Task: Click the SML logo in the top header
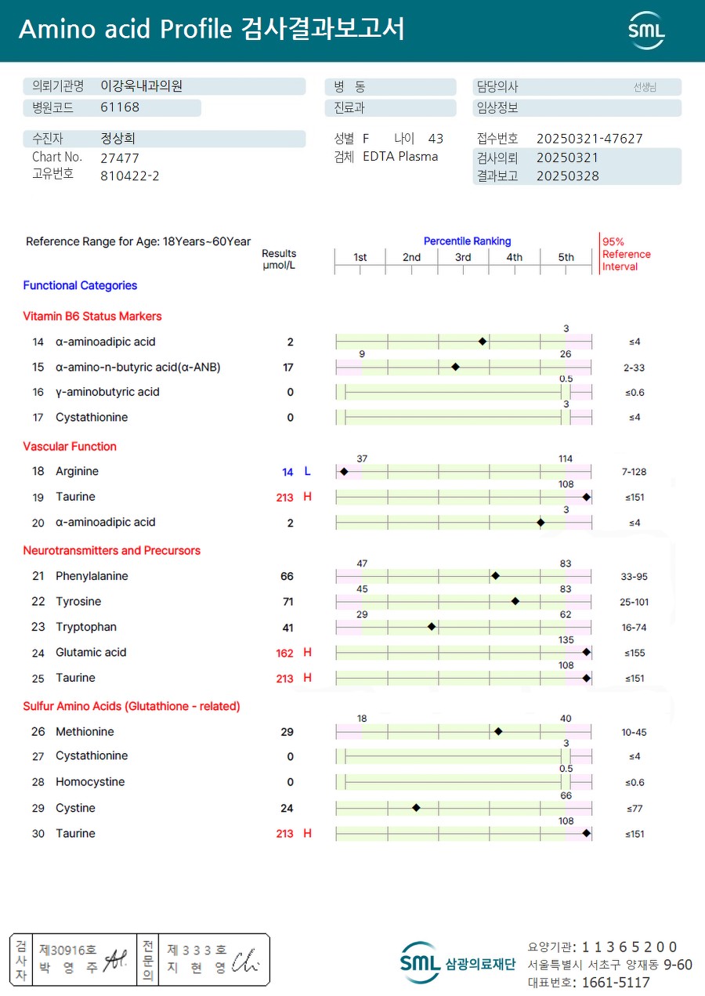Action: coord(646,31)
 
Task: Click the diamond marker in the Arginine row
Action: coord(344,472)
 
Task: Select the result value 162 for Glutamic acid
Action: coord(284,653)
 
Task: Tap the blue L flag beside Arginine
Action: coord(307,472)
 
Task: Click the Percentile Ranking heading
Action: coord(467,241)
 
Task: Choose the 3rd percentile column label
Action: coord(463,257)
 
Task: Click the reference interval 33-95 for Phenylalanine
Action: coord(634,577)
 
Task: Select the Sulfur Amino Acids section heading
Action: coord(132,706)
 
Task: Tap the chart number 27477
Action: coord(120,158)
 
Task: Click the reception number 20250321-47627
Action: coord(589,139)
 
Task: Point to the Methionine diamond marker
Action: coord(498,732)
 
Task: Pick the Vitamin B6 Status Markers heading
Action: coord(92,317)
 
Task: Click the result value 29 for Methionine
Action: coord(287,732)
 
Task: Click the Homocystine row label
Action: coord(90,782)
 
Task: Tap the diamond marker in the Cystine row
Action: coord(416,808)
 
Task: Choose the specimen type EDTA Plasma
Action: coord(400,157)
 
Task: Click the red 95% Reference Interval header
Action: coord(625,254)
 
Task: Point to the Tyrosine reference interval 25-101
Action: coord(634,602)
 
